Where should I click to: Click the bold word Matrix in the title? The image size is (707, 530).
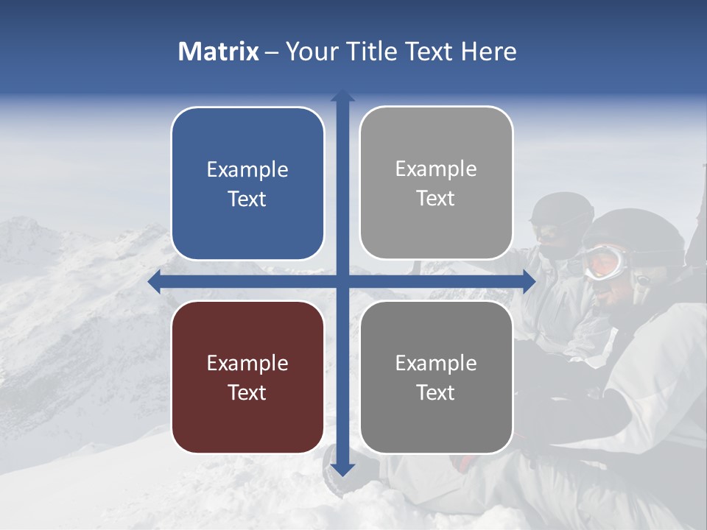[x=219, y=52]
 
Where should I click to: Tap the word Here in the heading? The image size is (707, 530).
[x=489, y=52]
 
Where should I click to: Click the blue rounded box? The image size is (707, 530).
[x=247, y=183]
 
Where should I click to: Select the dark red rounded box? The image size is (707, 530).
[x=247, y=378]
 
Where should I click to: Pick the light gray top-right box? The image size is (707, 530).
[x=436, y=183]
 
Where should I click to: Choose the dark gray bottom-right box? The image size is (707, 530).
[x=436, y=378]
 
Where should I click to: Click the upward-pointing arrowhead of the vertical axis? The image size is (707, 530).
[x=342, y=96]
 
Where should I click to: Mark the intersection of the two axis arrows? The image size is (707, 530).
[x=342, y=281]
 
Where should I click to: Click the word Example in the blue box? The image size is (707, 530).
[x=247, y=169]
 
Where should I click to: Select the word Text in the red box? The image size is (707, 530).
[x=247, y=392]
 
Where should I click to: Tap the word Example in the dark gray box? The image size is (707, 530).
[x=436, y=363]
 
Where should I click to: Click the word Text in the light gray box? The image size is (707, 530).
[x=436, y=198]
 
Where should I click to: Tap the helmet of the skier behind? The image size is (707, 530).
[x=561, y=209]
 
